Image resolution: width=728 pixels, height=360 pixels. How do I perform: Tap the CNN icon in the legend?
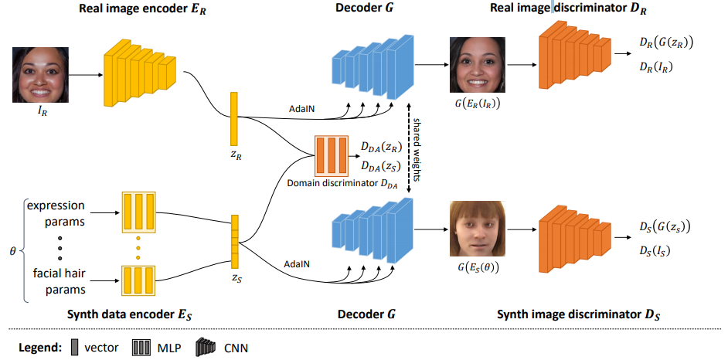tap(207, 347)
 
